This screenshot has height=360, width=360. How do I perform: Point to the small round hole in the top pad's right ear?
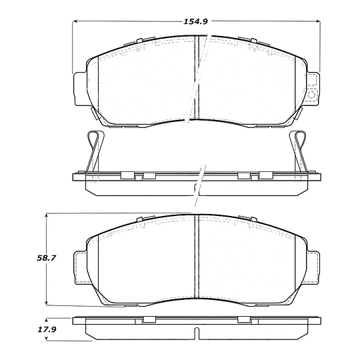311,94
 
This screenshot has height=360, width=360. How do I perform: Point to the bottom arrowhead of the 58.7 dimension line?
46,302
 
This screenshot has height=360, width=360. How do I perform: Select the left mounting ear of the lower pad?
79,265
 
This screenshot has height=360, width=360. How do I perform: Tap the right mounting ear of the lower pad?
312,265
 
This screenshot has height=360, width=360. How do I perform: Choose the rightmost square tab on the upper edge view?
265,176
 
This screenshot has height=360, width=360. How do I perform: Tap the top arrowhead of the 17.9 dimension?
46,318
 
